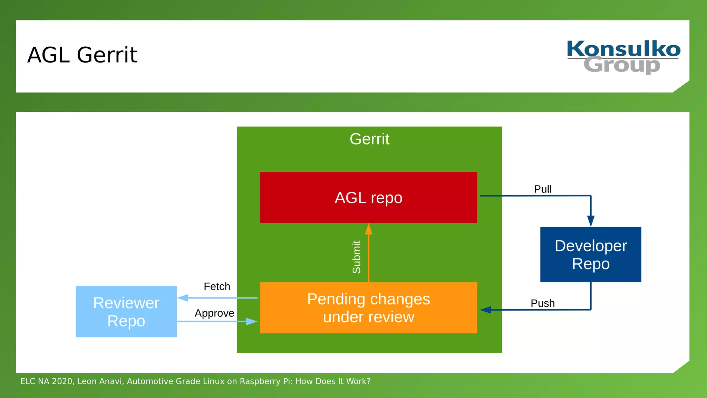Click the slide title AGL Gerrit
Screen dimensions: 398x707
coord(82,55)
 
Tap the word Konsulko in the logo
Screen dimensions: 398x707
coord(623,49)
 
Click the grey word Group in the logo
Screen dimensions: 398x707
coord(621,65)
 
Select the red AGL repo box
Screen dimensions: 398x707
coord(368,198)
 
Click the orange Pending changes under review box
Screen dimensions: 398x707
coord(368,308)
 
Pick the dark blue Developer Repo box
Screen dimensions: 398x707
coord(590,255)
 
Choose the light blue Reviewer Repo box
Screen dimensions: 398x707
coord(126,312)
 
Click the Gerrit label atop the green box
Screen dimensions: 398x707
coord(369,139)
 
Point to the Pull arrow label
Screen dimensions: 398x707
coord(542,189)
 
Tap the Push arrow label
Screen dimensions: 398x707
coord(542,303)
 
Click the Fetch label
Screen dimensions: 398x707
coord(217,286)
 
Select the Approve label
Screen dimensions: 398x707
coord(214,313)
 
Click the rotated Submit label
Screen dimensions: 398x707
coord(357,257)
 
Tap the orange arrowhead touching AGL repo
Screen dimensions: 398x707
coord(369,229)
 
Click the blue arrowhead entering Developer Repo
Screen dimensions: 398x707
coord(591,221)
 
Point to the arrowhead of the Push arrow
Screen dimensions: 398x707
coord(485,310)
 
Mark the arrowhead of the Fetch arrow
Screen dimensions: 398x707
coord(183,298)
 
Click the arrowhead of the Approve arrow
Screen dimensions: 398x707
coord(252,322)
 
